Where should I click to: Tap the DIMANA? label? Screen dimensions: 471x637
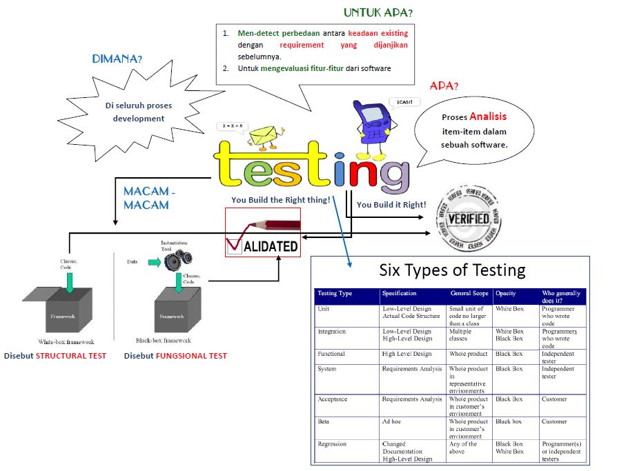coord(117,59)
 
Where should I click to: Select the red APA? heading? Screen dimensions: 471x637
coord(444,86)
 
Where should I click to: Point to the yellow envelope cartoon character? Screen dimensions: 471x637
coord(262,136)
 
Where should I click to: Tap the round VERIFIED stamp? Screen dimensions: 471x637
coord(469,220)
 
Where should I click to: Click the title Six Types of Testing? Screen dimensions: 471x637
coord(452,270)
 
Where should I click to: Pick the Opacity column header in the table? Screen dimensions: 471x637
coord(506,294)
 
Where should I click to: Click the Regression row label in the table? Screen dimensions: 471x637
coord(332,444)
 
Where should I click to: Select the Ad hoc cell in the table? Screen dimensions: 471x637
coord(391,421)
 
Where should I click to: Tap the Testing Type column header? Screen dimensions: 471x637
coord(335,294)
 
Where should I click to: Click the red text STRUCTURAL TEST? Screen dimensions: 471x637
coord(71,356)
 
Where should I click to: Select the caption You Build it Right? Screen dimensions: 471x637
coord(391,205)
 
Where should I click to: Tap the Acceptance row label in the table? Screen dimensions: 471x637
coord(333,399)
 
